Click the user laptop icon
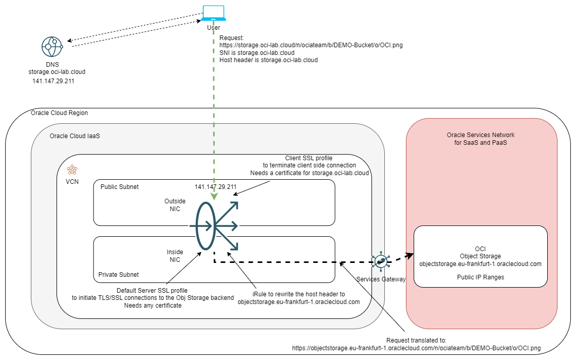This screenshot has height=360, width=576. tap(213, 13)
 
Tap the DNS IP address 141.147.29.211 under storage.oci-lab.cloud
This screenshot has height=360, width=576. tap(53, 81)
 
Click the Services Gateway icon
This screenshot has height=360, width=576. tap(380, 261)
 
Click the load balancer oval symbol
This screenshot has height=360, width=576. tap(205, 225)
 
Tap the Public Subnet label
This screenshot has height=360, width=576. tap(120, 186)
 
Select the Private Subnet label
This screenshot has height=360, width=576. tap(119, 274)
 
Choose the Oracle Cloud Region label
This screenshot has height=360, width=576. tap(59, 113)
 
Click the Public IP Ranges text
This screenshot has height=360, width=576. tap(480, 277)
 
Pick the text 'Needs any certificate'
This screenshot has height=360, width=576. tap(153, 305)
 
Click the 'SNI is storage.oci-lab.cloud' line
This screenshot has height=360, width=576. tap(257, 52)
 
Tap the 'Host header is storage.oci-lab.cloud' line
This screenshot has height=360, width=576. tap(268, 60)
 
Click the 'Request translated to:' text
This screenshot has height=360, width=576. tap(416, 340)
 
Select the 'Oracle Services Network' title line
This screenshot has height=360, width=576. tap(480, 135)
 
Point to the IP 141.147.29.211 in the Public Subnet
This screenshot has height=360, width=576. tap(215, 186)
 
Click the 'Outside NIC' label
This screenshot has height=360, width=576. tap(175, 205)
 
